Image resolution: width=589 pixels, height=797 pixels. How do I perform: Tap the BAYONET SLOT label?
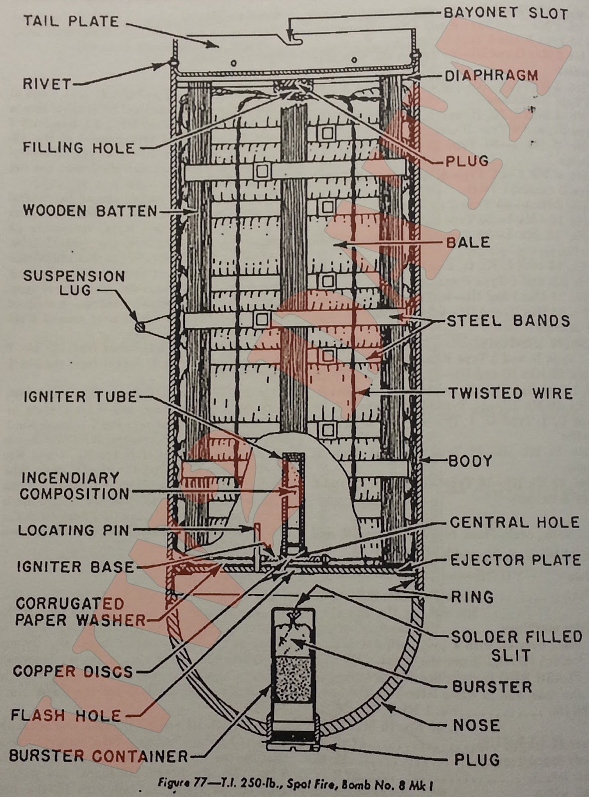click(x=505, y=13)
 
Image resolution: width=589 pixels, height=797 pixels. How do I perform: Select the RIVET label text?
click(x=47, y=83)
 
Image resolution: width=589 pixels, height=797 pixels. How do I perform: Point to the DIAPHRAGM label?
click(x=491, y=76)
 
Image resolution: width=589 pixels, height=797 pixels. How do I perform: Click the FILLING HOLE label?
click(x=78, y=147)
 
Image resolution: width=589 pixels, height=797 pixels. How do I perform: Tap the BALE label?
click(x=468, y=243)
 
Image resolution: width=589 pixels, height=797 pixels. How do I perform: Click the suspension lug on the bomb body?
click(x=140, y=326)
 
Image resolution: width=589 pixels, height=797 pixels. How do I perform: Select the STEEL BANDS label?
click(x=508, y=320)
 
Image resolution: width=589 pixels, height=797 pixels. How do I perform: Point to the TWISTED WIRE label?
click(x=510, y=393)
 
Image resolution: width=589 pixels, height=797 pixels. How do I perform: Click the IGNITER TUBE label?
click(x=79, y=397)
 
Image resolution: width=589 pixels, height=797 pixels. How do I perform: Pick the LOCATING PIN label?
click(x=73, y=530)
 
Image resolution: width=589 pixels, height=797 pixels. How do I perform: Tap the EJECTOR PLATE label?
click(x=515, y=560)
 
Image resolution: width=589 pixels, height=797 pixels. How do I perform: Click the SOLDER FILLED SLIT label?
click(x=516, y=646)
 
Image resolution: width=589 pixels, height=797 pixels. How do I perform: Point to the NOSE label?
click(x=476, y=725)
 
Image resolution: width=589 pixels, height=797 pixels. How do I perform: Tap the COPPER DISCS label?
click(x=73, y=671)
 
